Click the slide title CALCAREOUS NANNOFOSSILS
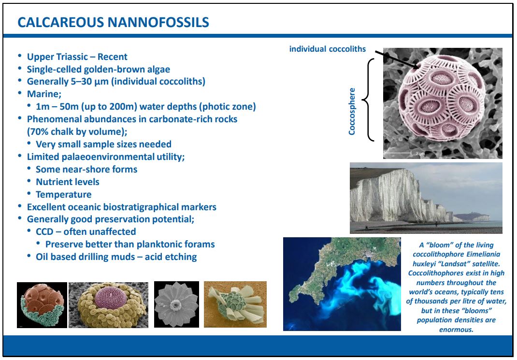point(113,22)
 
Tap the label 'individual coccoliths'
point(328,49)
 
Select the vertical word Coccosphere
point(352,112)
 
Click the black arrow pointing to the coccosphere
point(397,59)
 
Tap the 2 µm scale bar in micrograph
point(398,153)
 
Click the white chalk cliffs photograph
point(426,198)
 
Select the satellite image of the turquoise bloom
point(342,284)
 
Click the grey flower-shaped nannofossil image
point(176,304)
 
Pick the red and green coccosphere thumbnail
point(42,305)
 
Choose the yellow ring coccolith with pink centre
point(109,305)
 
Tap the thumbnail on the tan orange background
point(235,304)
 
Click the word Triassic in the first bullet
point(72,57)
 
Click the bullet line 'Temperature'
point(64,195)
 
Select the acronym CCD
point(44,232)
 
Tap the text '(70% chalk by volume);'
point(77,131)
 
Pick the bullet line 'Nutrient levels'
point(68,182)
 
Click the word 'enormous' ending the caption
point(456,330)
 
